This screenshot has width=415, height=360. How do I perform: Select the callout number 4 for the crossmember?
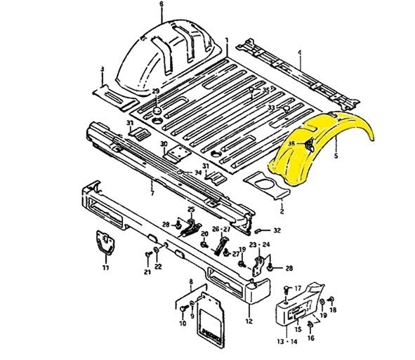299,53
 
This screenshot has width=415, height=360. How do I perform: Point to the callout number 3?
102,69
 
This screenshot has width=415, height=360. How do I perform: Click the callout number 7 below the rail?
152,192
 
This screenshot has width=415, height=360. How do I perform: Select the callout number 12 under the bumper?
248,321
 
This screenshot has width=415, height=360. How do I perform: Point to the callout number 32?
277,230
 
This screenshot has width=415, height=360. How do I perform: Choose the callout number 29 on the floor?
156,93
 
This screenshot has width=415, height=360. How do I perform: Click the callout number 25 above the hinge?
190,209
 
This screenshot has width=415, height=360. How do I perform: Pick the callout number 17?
297,288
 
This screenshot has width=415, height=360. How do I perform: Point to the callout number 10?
183,324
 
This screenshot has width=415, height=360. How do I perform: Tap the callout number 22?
159,267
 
